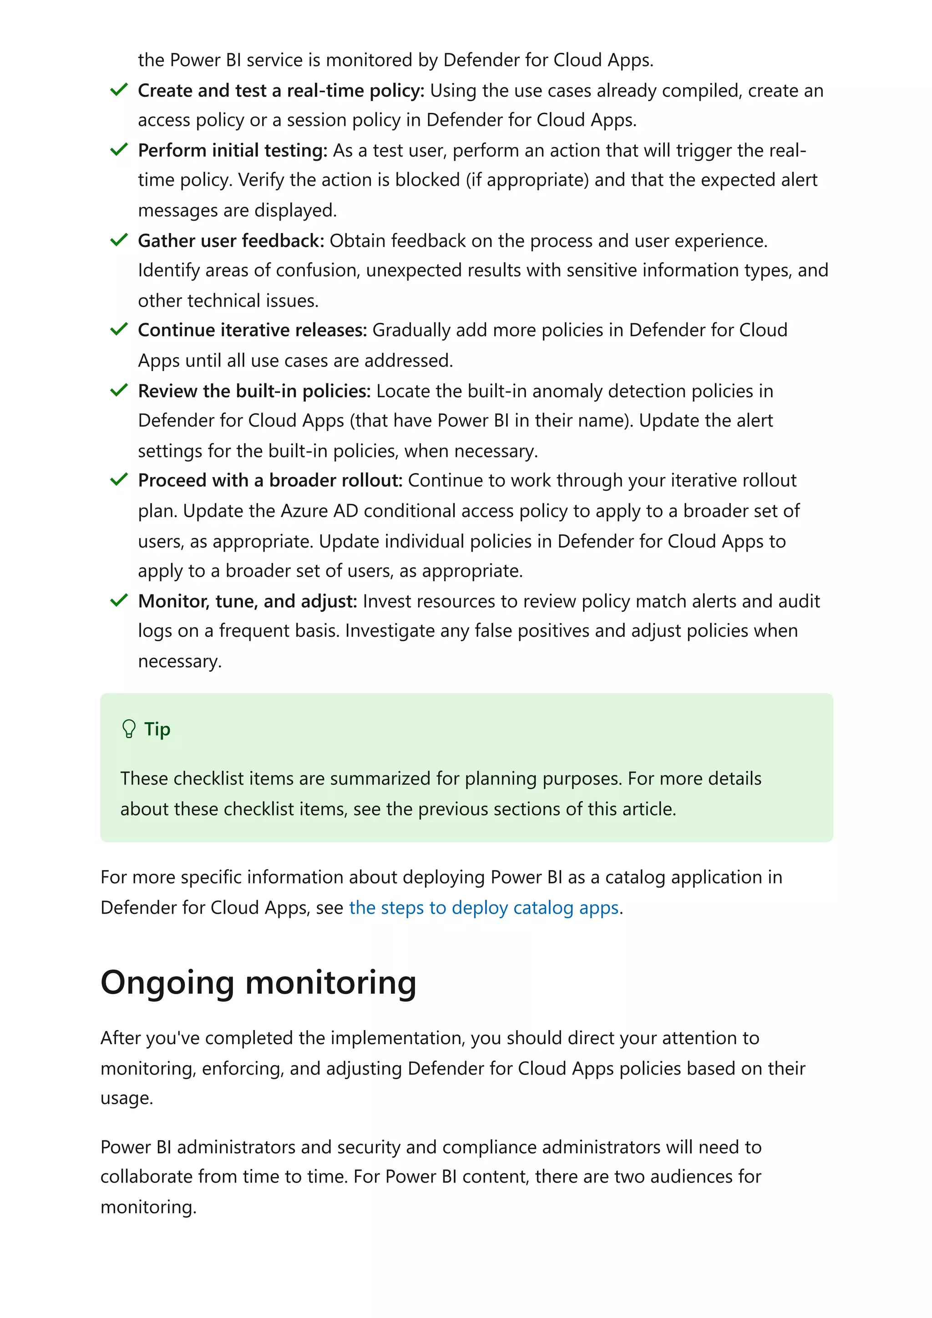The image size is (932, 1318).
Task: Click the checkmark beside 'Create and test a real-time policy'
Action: coord(118,90)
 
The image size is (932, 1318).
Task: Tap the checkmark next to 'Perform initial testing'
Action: coord(118,150)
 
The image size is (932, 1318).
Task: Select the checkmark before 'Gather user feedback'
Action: coord(118,240)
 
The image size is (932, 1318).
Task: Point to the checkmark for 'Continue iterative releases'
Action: coord(118,329)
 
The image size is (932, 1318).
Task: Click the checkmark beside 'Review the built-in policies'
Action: coord(118,390)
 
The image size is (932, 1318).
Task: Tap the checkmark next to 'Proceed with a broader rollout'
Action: coord(118,480)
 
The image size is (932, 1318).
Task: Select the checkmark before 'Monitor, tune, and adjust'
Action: coord(118,600)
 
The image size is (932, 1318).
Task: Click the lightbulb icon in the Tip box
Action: coord(129,729)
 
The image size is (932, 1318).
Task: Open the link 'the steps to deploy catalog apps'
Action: coord(483,908)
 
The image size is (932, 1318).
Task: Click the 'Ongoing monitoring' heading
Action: coord(258,983)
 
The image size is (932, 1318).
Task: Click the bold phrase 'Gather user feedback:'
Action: coord(231,241)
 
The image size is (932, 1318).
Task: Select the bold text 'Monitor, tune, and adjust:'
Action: coord(248,601)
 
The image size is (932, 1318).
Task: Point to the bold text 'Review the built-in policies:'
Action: coord(254,391)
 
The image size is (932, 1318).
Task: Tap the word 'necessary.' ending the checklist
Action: coord(180,661)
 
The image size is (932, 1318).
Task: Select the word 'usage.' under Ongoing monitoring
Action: coord(127,1098)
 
